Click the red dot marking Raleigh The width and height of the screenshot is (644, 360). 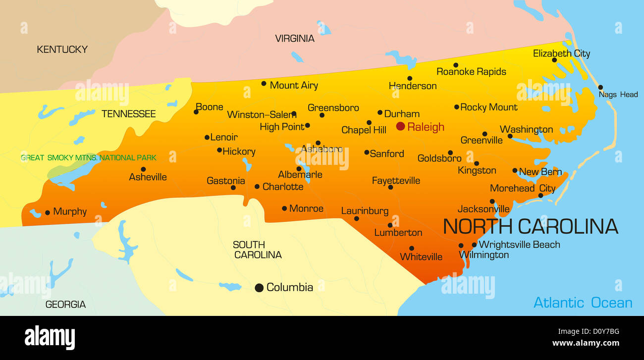pos(400,126)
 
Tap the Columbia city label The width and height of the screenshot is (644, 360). pos(289,287)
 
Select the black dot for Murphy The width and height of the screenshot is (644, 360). pos(48,212)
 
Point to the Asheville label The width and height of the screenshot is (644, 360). pos(148,177)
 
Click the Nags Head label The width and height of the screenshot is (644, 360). pos(618,94)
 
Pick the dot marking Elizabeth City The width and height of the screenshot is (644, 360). pos(554,60)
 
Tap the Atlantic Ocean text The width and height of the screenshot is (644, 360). pos(583,303)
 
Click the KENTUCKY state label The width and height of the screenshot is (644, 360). pos(62,50)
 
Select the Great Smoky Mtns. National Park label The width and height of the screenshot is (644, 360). pos(88,158)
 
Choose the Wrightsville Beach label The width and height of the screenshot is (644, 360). pos(519,245)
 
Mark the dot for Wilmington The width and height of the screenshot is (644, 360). pos(461,246)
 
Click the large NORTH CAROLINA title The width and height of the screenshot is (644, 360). pos(530,226)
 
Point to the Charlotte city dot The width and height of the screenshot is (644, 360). pos(257,187)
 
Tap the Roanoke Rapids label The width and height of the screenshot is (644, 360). pos(471,72)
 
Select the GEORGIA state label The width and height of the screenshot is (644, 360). pos(65,305)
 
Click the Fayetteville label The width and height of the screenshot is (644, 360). pos(396,181)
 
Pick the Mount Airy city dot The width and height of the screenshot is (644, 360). pos(264,84)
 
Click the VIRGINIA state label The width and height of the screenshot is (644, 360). pos(295,39)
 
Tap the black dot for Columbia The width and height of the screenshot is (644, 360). pos(259,288)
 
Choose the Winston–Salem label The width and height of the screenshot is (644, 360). pos(262,114)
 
